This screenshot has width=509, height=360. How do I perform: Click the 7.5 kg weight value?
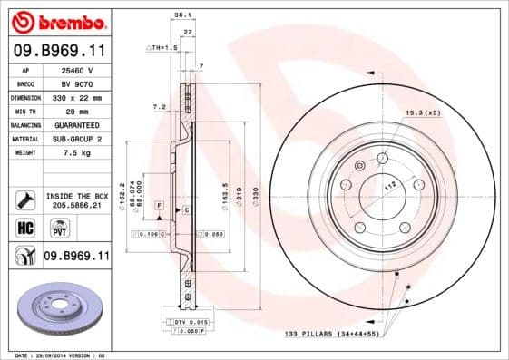point(78,153)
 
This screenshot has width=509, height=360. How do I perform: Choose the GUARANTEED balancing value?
point(78,124)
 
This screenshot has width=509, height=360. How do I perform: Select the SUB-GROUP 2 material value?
point(78,139)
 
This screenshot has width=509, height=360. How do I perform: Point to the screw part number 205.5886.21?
point(78,205)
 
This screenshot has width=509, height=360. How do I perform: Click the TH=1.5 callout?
point(160,46)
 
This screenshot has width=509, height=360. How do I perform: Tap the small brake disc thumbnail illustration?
point(56,306)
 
